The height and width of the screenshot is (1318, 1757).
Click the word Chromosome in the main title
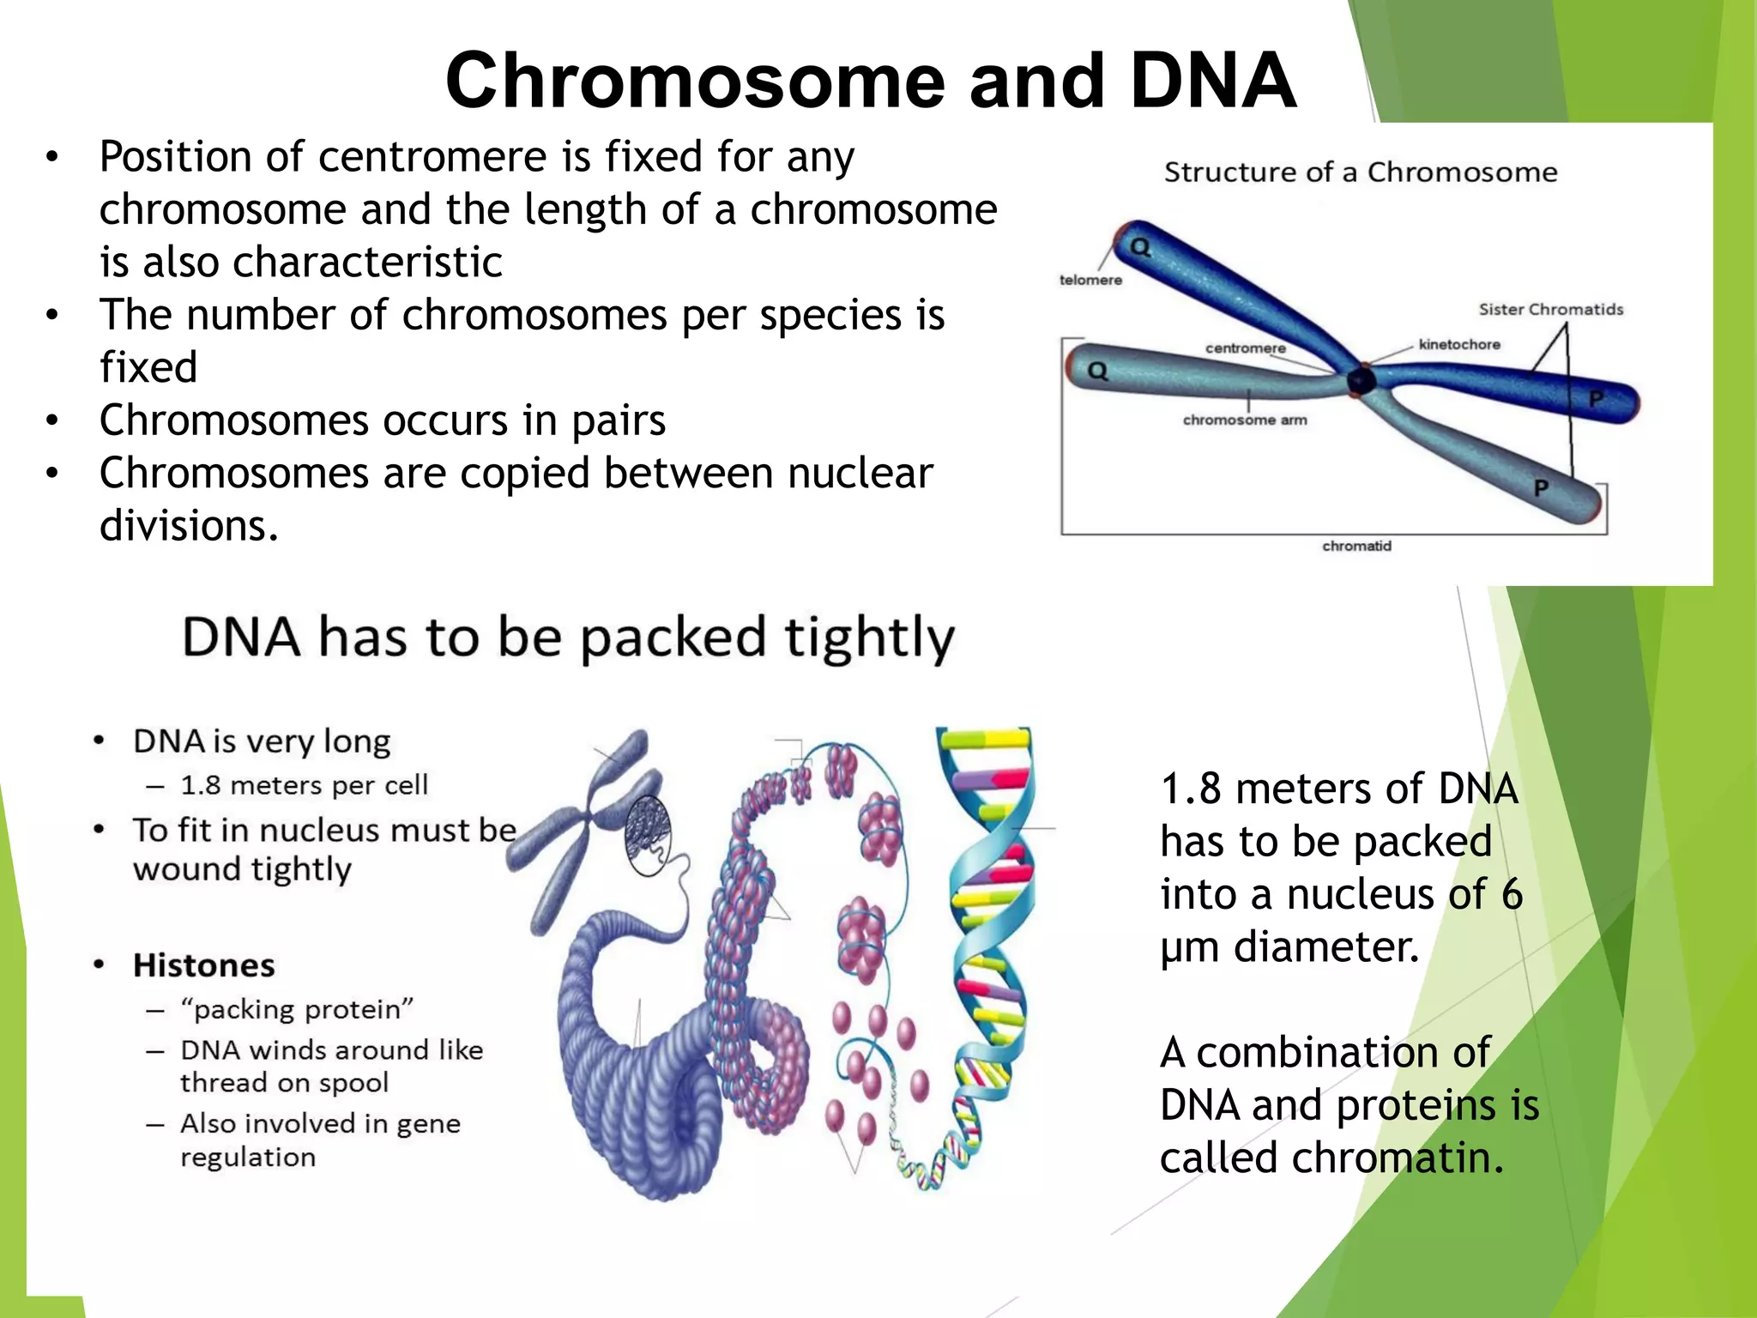coord(694,81)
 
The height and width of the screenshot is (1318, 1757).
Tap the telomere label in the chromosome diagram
coord(1090,281)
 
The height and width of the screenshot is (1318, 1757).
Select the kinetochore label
coord(1459,345)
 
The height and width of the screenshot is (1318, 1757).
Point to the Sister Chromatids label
coord(1550,310)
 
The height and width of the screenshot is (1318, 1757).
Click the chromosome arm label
coord(1245,420)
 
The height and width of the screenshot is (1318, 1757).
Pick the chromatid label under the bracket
coord(1356,547)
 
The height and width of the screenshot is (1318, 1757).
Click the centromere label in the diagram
coord(1245,348)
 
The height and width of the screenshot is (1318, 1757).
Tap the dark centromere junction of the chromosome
coord(1360,380)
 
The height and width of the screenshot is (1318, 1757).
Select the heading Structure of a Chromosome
coord(1360,172)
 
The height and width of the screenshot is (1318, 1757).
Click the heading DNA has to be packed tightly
coord(568,638)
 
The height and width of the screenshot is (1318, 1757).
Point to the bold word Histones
coord(204,966)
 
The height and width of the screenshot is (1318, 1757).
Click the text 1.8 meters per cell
coord(304,785)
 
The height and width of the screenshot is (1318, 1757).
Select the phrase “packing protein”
coord(297,1009)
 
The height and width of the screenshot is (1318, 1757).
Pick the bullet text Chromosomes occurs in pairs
coord(383,421)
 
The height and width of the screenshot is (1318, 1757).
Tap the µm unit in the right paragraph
coord(1189,948)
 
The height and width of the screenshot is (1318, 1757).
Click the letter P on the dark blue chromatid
coord(1596,399)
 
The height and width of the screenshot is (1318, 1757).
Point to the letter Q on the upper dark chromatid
coord(1140,248)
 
